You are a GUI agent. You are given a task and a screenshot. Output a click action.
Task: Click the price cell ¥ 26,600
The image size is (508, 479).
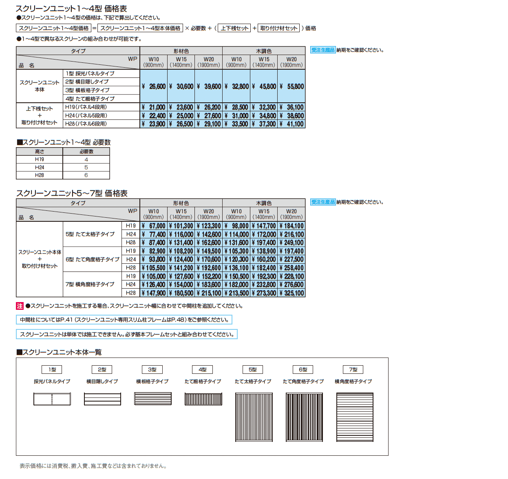point(154,86)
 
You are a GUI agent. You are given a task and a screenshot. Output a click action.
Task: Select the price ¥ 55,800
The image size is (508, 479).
point(292,86)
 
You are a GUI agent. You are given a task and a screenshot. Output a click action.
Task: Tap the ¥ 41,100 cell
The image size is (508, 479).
point(292,124)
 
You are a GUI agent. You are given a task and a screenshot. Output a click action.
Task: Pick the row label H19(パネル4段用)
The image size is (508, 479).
point(86,107)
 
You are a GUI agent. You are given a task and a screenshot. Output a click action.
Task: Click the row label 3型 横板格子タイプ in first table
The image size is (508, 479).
point(87,90)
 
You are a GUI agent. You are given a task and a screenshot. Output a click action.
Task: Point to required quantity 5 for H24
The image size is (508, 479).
point(86,168)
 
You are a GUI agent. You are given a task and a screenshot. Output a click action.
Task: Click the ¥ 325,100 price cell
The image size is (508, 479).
point(292,293)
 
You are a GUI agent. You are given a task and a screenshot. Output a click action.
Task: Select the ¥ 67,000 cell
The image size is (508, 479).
point(154,226)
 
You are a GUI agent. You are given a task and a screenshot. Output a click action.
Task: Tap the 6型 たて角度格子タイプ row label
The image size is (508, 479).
point(93,259)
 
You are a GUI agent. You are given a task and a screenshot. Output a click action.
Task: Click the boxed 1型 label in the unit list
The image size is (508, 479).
point(52,370)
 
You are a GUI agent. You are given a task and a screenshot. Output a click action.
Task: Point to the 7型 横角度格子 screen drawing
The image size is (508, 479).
point(355,417)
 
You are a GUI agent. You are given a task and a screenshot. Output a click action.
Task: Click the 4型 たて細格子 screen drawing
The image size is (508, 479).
point(203,399)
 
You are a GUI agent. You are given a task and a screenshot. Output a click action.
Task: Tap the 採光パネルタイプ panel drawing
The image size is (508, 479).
point(52,399)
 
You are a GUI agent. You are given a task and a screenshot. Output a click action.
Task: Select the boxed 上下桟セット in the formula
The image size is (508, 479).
point(234,28)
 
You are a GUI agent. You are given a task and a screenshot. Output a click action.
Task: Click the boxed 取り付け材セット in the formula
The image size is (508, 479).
point(279,28)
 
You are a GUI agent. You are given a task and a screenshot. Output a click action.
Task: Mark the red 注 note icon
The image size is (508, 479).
point(20,306)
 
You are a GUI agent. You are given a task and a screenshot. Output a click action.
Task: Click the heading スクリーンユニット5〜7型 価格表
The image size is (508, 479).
point(72,193)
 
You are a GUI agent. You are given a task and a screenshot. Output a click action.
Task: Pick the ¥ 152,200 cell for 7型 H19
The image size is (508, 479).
point(209,276)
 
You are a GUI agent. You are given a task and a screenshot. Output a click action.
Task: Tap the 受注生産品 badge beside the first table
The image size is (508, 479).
point(323,50)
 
